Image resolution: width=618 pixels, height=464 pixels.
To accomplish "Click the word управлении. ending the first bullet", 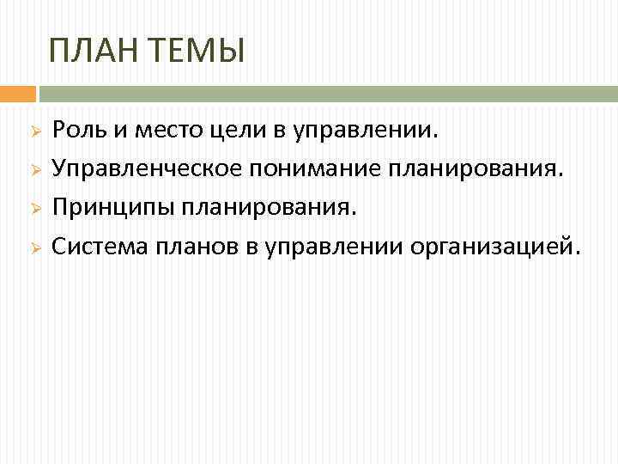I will tap(367, 131).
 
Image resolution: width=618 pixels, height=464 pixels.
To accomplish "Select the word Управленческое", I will tap(147, 169).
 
